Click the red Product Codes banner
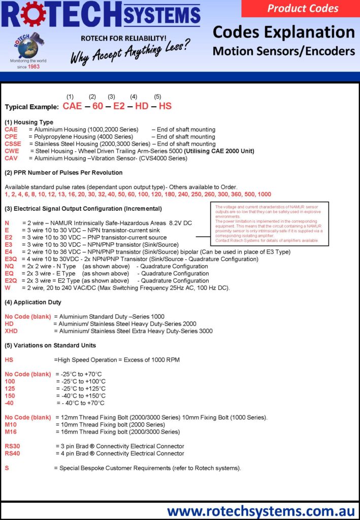coord(303,8)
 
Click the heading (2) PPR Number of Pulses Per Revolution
coord(63,173)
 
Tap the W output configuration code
coord(7,287)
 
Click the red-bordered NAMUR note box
coord(269,223)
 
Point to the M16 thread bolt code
coord(11,432)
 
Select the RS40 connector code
coord(13,453)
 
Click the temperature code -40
coord(9,403)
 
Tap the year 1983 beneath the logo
coord(34,67)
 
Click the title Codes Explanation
coord(283,32)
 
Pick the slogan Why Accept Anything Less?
coord(130,52)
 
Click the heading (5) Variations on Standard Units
coord(50,345)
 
